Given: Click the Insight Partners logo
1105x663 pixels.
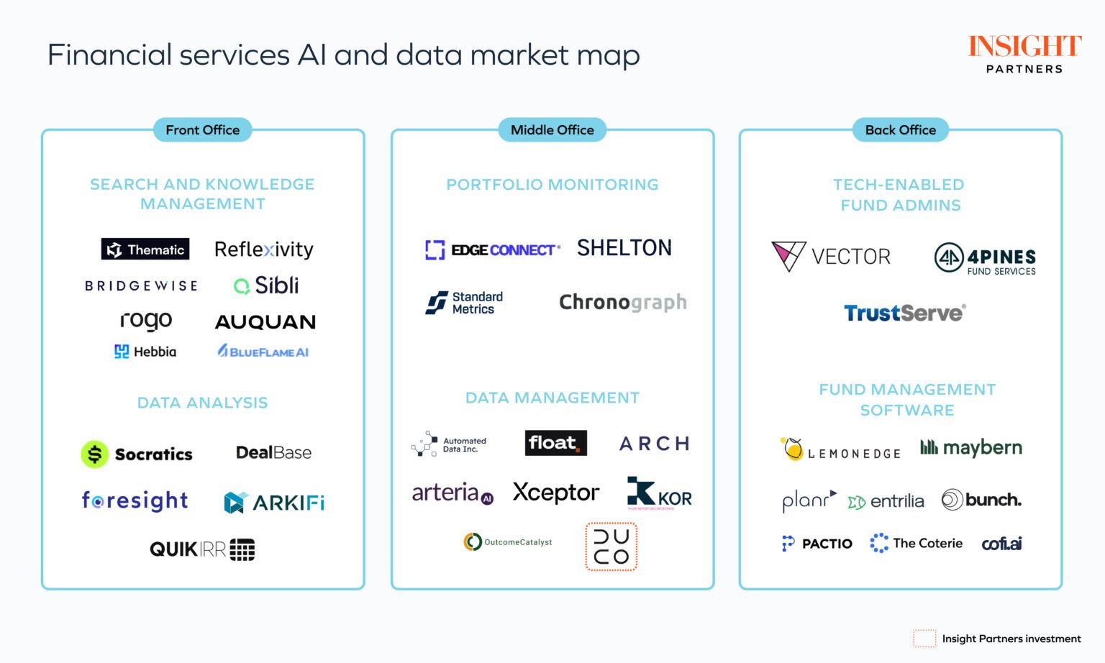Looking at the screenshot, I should pos(1024,54).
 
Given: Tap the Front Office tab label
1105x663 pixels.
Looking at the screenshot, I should pos(202,130).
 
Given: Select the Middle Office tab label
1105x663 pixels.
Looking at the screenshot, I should pos(552,130).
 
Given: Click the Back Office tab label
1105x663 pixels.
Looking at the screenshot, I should pos(900,130).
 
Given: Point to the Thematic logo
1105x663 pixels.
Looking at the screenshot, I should pos(145,250).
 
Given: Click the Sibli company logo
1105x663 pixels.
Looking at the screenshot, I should pos(266,285).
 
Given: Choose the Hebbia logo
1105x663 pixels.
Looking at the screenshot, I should pos(145,352).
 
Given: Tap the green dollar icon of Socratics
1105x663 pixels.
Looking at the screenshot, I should pos(94,454).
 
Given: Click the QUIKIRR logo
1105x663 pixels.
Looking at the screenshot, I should pos(202,549).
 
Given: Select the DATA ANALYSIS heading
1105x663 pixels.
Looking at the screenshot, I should pos(202,403).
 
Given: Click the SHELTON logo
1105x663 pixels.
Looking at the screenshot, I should pos(624,248).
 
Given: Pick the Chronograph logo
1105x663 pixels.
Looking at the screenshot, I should pos(622,302).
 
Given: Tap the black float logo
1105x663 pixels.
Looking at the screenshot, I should pos(555,443).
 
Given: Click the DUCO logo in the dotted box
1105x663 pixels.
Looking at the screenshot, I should pos(611,547).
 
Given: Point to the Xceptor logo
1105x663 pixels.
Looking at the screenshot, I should pos(555,493).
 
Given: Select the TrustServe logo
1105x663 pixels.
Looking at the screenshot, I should pos(904,313).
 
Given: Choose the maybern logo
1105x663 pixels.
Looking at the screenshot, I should pos(971,447).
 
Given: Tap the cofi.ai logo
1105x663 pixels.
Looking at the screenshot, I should pos(1001,544).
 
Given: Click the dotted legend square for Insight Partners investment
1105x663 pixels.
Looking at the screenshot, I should pos(924,639).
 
